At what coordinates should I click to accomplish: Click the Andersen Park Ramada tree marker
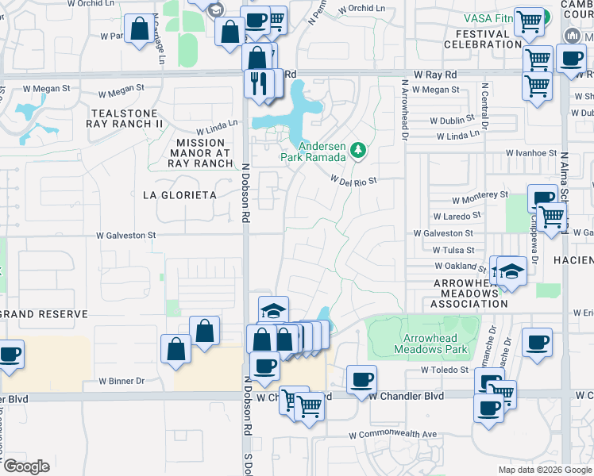pos(359,149)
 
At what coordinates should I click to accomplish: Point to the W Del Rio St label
pos(353,181)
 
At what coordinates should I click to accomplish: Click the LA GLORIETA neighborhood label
pos(179,194)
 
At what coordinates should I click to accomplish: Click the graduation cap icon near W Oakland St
pos(512,273)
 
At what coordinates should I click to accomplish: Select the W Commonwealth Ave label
pos(395,434)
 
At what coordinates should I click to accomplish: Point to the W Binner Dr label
pos(121,381)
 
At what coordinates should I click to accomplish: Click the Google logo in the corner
pos(25,466)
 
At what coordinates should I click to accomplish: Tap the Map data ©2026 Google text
pos(545,470)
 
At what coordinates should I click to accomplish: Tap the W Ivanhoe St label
pos(531,152)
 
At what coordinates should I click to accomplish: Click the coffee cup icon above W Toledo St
pos(537,341)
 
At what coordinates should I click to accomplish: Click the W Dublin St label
pos(452,121)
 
